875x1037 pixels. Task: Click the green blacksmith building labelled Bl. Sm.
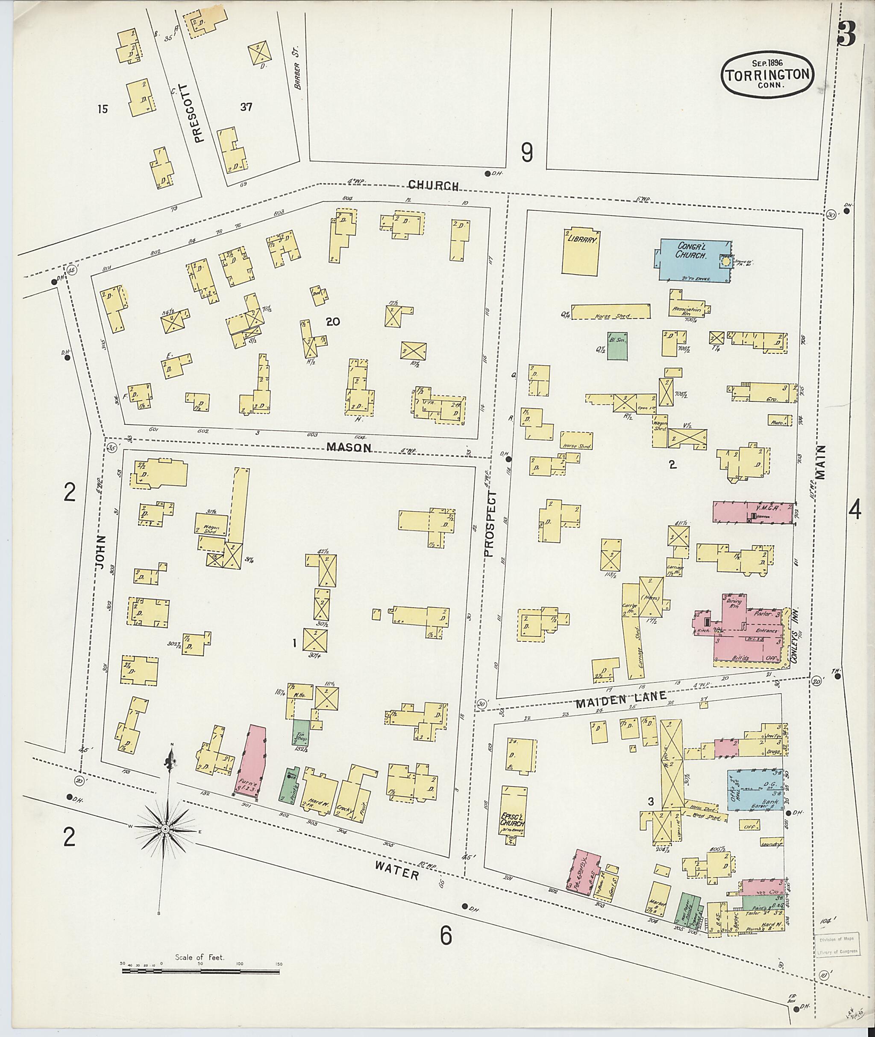617,346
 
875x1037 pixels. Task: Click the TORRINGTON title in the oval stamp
767,75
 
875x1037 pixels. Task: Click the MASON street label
349,447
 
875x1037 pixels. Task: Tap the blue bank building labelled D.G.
754,789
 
